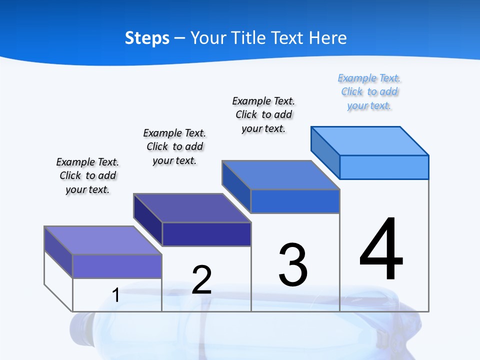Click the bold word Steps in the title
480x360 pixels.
147,38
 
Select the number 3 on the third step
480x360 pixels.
293,265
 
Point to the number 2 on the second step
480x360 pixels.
201,279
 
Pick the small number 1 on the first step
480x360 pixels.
115,295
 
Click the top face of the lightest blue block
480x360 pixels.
369,140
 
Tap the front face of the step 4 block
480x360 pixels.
384,167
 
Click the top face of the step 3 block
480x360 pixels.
280,175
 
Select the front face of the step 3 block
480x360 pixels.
295,201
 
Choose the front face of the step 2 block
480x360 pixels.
206,234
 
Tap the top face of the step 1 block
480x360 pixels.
103,240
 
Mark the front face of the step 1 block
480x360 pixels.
117,266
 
